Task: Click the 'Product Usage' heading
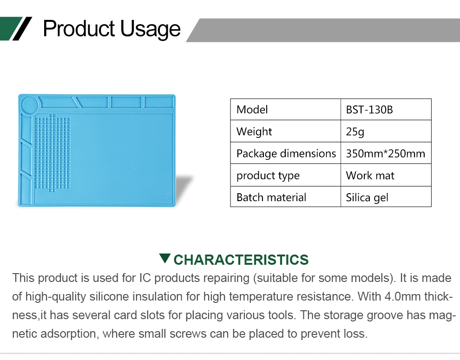(112, 29)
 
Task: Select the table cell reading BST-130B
(369, 110)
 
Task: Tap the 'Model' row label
(252, 110)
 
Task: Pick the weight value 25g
(355, 132)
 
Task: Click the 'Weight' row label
(254, 132)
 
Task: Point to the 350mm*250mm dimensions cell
(386, 153)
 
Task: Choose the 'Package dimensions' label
(286, 154)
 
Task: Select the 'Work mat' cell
(370, 176)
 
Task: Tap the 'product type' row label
(268, 176)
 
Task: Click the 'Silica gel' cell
(367, 197)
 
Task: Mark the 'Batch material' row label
(271, 197)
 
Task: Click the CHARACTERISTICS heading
(241, 260)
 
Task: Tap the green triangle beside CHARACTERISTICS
(165, 258)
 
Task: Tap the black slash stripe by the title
(22, 28)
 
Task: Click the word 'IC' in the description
(145, 278)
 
